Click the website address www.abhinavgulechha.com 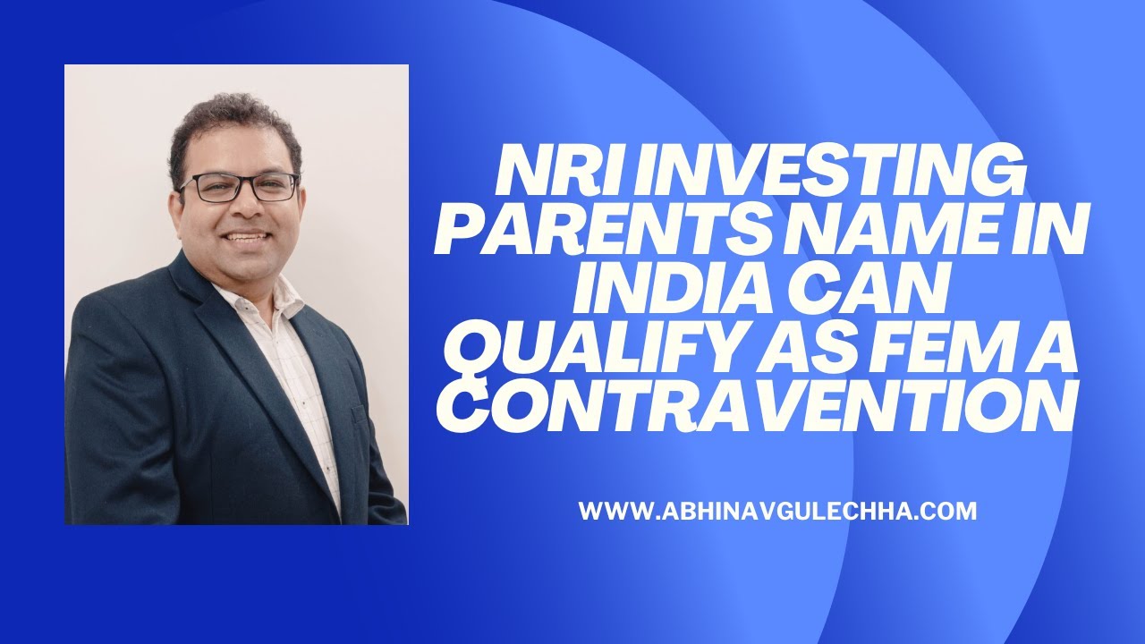pos(776,512)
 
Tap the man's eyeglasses pos(239,187)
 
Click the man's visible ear pos(177,199)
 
